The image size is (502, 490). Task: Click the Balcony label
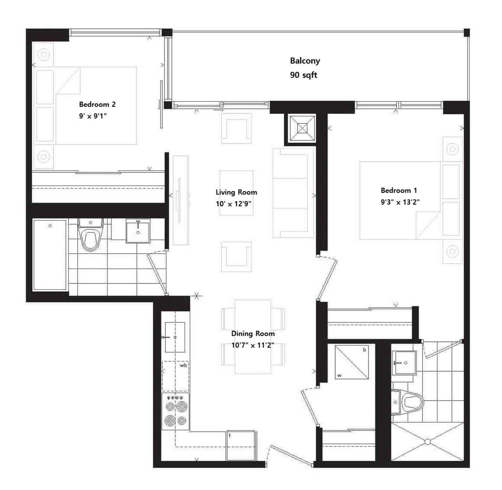coord(305,61)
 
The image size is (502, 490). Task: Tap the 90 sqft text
coord(303,75)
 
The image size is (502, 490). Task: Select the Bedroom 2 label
coord(97,104)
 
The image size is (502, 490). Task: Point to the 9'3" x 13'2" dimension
coord(400,202)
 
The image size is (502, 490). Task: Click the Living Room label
coord(236,192)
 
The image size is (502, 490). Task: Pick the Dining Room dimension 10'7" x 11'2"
coord(252,345)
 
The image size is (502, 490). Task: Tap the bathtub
coord(50,255)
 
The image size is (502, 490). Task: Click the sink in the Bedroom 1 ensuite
coord(403,362)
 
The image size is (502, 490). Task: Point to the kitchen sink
coord(175,337)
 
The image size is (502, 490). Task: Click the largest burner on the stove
coord(170,421)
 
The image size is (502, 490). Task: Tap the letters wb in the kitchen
coord(183,365)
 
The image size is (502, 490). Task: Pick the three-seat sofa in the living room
coord(293,193)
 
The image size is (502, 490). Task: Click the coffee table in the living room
coord(236,193)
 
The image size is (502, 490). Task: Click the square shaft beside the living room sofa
coord(302,128)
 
